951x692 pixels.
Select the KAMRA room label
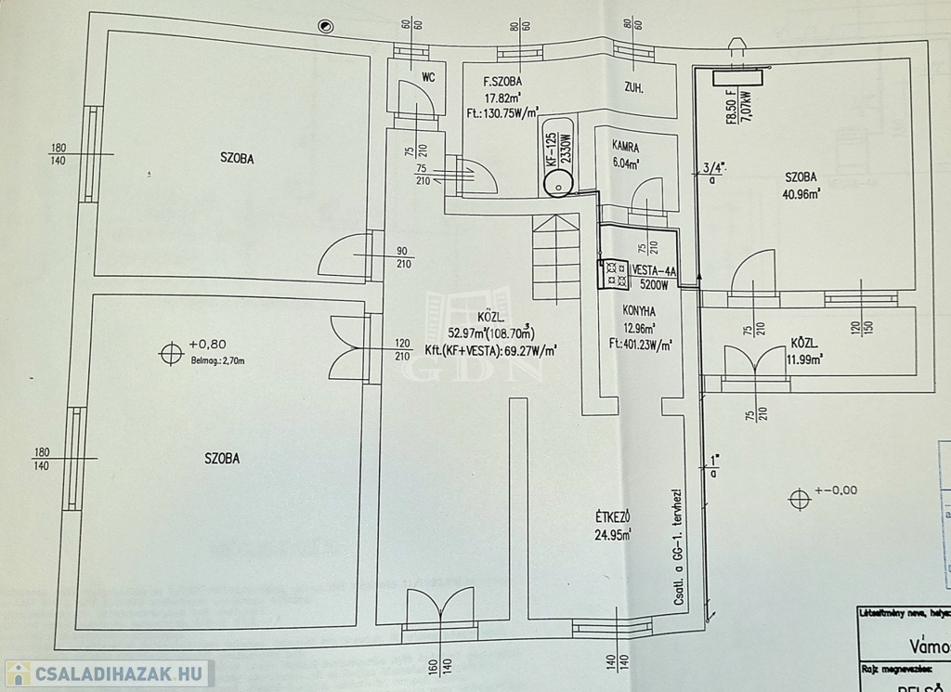click(x=625, y=147)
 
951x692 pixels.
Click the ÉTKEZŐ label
click(x=614, y=517)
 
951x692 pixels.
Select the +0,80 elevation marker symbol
click(x=170, y=353)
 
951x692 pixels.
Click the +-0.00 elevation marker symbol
click(x=799, y=499)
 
